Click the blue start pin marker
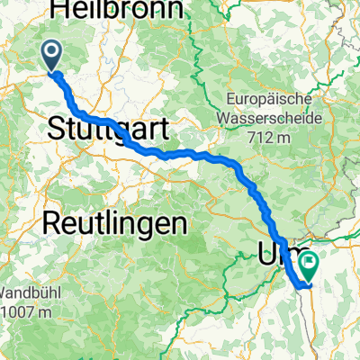51,57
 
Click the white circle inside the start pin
51,53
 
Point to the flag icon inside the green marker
310,264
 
